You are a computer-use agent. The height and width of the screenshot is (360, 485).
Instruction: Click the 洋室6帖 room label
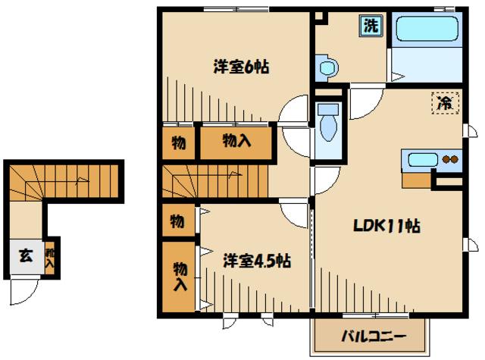point(241,66)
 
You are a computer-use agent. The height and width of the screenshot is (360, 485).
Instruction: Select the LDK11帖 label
point(386,226)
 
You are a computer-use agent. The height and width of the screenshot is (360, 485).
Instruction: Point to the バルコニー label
point(373,336)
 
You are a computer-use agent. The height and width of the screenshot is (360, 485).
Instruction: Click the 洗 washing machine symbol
point(371,26)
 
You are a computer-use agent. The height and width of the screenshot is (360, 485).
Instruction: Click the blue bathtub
point(427,30)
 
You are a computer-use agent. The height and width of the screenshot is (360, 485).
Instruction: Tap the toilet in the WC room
point(329,124)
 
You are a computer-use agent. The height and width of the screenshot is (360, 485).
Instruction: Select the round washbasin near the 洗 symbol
point(327,69)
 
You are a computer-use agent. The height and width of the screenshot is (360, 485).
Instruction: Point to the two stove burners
point(450,160)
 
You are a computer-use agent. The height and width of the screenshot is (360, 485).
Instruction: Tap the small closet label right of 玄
point(49,259)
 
